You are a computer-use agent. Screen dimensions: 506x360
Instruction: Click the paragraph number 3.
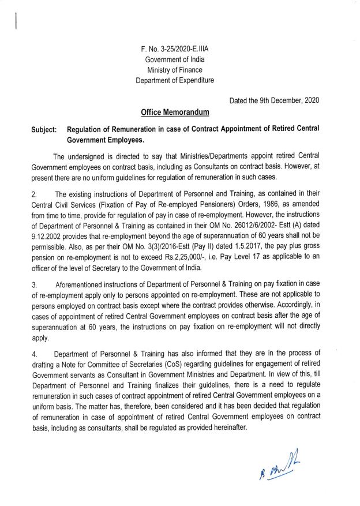(x=34, y=284)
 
